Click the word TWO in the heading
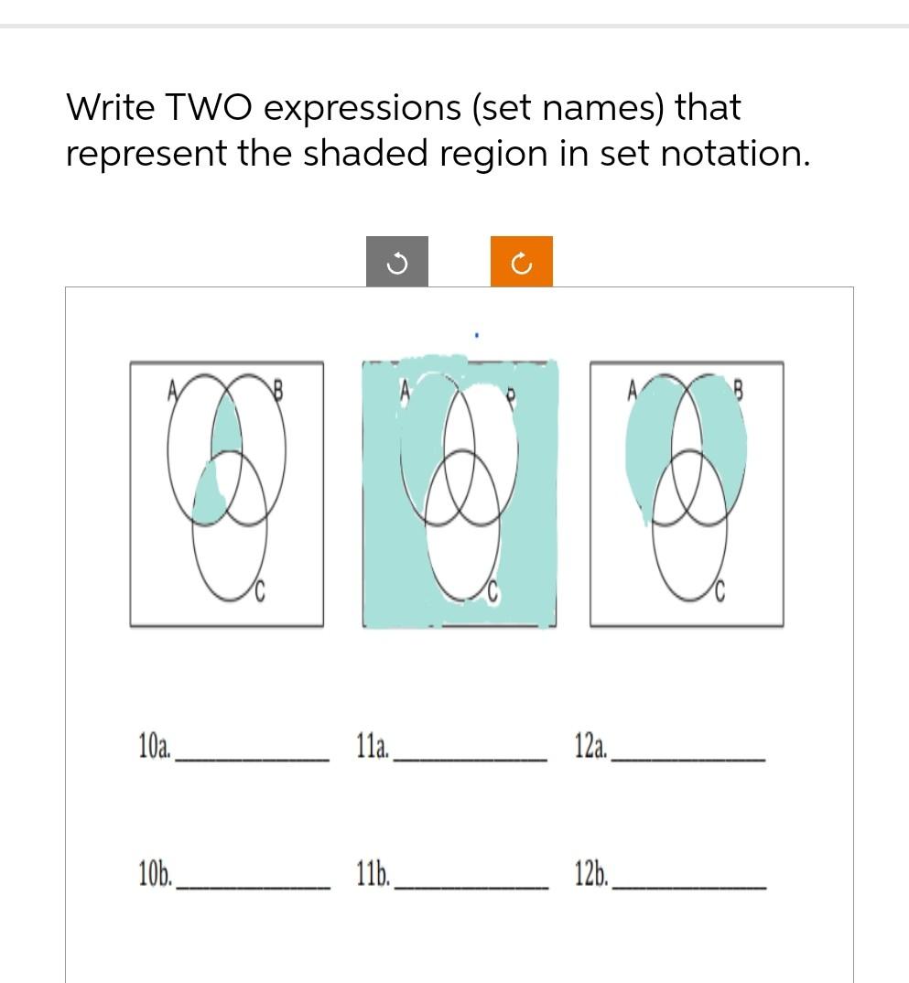(x=211, y=108)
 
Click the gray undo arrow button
(x=396, y=263)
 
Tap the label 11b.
(x=373, y=875)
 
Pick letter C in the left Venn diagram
(x=260, y=596)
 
